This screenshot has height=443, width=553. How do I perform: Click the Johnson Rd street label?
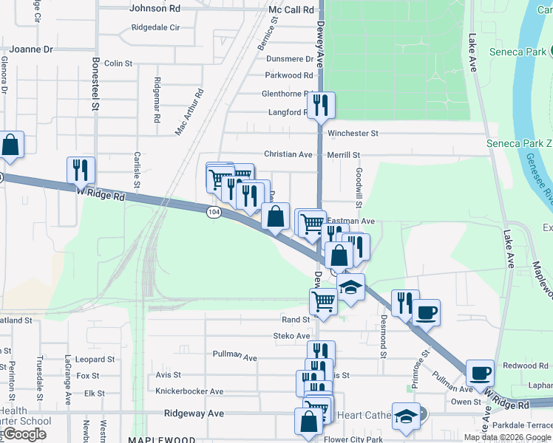[155, 9]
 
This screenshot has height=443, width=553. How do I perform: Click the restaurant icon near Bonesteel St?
[81, 169]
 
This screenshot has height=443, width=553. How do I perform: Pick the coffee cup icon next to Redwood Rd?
[480, 373]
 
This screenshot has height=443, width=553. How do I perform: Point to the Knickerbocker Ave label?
[189, 391]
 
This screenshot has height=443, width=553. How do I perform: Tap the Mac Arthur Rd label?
[189, 112]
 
